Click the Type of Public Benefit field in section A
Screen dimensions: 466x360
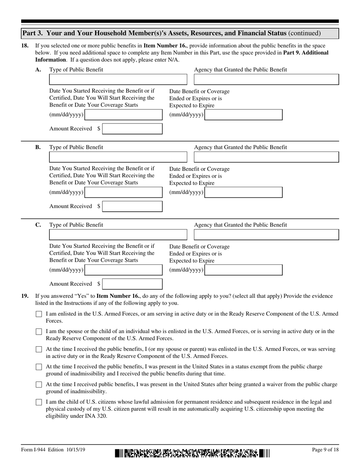pos(118,80)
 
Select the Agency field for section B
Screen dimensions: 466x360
pos(266,157)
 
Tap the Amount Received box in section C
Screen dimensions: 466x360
pos(132,284)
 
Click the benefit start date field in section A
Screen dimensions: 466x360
pos(124,115)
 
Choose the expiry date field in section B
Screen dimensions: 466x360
pos(243,192)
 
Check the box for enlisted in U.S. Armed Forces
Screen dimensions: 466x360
pos(39,314)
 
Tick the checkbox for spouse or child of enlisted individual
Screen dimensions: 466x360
pos(39,332)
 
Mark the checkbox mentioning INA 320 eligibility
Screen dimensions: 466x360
pos(39,402)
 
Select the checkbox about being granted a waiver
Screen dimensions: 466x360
pos(39,385)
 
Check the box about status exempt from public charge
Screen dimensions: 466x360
pos(39,367)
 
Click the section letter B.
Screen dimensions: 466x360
pos(38,147)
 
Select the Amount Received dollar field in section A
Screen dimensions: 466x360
pos(132,129)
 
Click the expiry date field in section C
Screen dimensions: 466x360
pos(243,270)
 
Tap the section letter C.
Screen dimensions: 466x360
pos(38,225)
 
